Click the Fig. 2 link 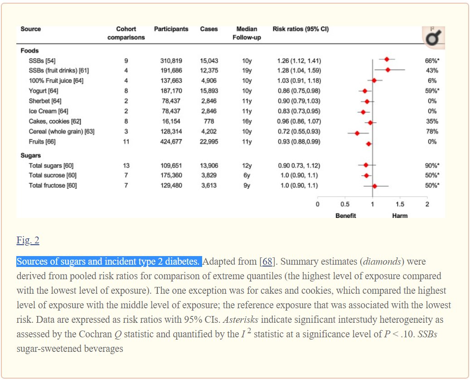[x=28, y=241]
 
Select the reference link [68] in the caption [x=267, y=262]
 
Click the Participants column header [x=171, y=29]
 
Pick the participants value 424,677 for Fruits [x=171, y=142]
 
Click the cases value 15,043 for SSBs [x=209, y=61]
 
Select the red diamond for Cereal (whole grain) [x=357, y=133]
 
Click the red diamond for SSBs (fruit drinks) [x=388, y=69]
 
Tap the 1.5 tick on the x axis [x=400, y=204]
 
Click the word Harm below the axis [x=400, y=216]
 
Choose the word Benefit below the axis [x=345, y=216]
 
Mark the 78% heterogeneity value [x=432, y=132]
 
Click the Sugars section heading [x=30, y=156]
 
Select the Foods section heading [x=29, y=51]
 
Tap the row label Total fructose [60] [x=53, y=185]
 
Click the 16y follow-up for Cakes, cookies [x=247, y=121]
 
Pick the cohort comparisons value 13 [x=126, y=166]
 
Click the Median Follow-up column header [x=247, y=33]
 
